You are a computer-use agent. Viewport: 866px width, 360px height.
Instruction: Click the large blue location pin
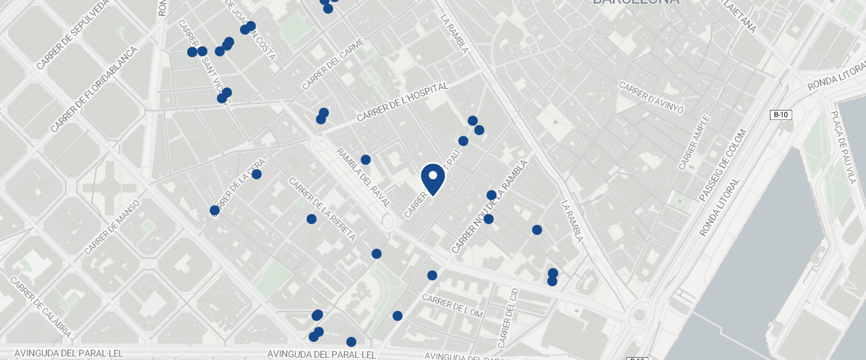[x=432, y=179]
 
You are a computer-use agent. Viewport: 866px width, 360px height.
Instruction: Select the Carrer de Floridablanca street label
[x=94, y=90]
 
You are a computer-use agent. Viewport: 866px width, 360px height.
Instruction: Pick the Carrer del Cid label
[x=507, y=317]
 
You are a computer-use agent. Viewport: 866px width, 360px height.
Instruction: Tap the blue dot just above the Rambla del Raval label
[x=366, y=160]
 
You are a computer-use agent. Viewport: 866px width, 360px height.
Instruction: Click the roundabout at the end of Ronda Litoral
[x=639, y=315]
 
